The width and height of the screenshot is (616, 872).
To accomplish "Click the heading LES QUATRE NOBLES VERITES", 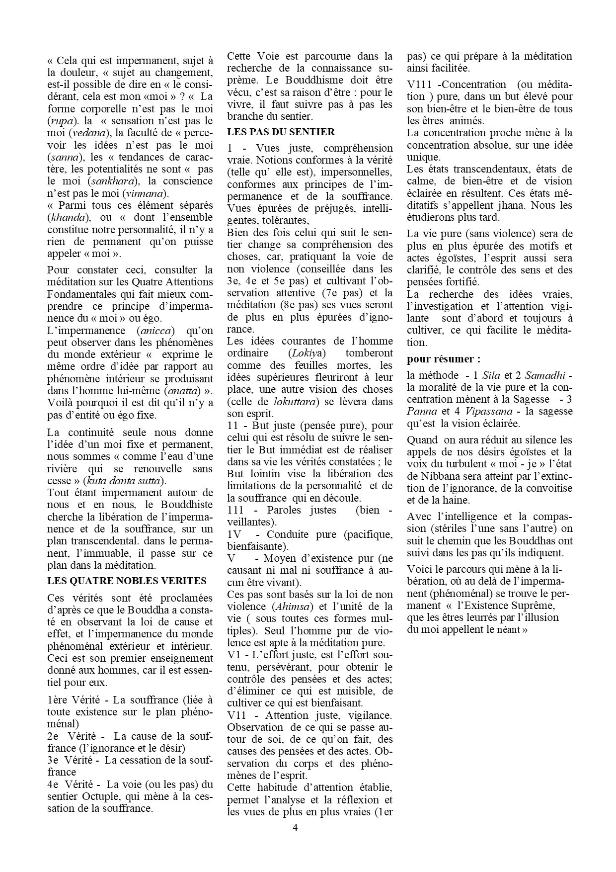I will (127, 581).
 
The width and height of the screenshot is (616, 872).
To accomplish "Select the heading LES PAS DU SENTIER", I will (281, 132).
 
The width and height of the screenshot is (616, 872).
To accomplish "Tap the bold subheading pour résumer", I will (444, 358).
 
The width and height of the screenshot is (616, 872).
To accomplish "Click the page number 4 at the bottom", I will (295, 828).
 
